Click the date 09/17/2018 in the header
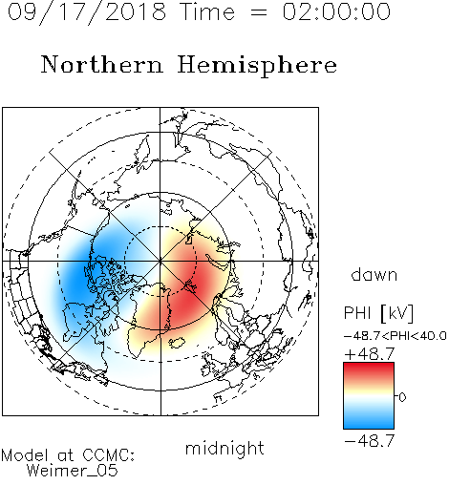click(87, 12)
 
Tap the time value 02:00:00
click(336, 11)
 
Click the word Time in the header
click(207, 11)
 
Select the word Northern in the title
click(102, 64)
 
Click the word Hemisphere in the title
click(257, 66)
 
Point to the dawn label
click(374, 274)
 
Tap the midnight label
click(224, 448)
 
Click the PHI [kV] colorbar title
click(379, 312)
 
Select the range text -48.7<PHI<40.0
click(396, 336)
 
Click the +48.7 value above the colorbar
click(370, 354)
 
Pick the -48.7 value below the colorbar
click(370, 441)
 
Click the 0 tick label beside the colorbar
click(402, 397)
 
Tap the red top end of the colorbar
click(369, 366)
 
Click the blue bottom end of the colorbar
click(369, 426)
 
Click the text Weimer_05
click(73, 471)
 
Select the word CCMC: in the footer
click(109, 455)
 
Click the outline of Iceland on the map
click(177, 343)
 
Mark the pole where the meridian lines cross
click(160, 261)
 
